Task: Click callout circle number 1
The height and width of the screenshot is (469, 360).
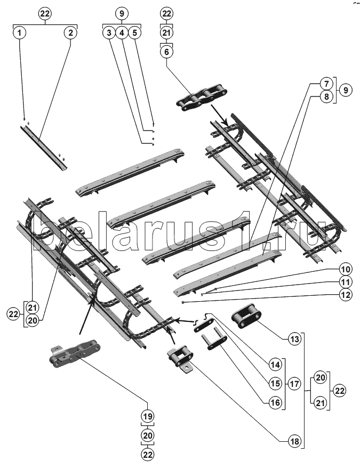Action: (x=19, y=33)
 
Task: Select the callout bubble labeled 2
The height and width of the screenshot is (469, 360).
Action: (x=70, y=33)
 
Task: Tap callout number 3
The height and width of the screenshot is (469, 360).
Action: (x=109, y=33)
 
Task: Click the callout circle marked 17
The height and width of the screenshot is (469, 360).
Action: (x=294, y=384)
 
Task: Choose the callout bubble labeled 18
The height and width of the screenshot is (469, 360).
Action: (x=294, y=441)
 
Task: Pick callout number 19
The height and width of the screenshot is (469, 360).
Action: (x=148, y=416)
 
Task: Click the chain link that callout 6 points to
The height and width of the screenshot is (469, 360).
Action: (x=202, y=98)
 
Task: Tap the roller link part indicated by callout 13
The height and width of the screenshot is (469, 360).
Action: (x=246, y=316)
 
